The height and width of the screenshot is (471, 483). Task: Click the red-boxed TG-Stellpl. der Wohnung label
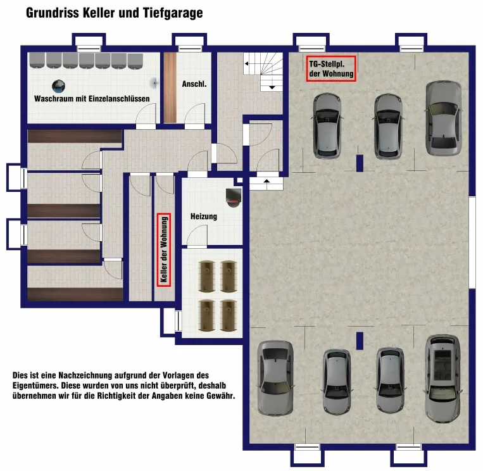331,69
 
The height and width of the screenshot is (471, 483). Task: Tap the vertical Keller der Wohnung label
164,250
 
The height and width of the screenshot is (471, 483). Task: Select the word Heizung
204,217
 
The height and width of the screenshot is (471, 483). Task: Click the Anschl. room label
194,84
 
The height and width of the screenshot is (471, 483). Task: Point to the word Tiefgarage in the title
172,13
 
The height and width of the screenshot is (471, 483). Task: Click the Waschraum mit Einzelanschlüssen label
92,99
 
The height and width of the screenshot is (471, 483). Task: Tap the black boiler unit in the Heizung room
234,198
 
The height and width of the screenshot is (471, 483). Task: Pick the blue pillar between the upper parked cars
360,163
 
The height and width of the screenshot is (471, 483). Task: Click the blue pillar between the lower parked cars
360,341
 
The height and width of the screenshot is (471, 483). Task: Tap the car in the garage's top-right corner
443,118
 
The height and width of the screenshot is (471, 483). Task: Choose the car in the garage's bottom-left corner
275,378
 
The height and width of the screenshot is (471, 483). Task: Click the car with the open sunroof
443,379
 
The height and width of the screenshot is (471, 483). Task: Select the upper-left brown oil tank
206,276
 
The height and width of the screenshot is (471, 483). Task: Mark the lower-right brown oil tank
229,315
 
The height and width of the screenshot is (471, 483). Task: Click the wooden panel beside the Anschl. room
170,87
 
